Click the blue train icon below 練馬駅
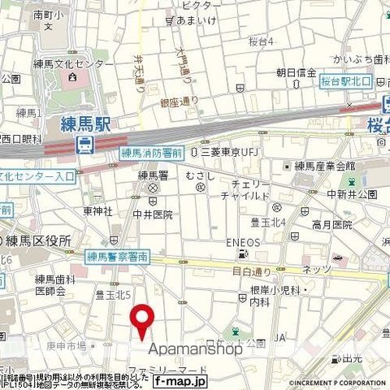coord(84,145)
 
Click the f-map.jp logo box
coord(180,380)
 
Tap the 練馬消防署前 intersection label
coord(151,153)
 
